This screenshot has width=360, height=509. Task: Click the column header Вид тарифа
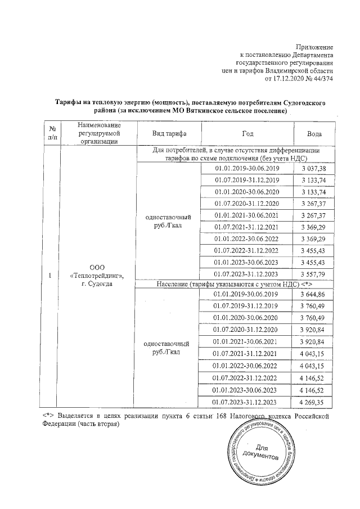[169, 134]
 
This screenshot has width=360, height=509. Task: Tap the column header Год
[247, 134]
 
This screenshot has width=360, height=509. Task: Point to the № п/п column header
[52, 134]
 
